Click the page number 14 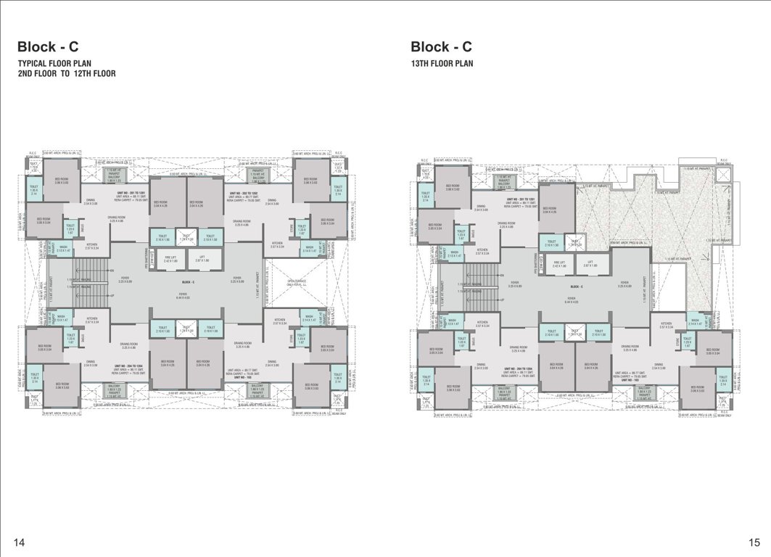point(20,542)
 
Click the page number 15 point(754,542)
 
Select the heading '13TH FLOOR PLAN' point(442,64)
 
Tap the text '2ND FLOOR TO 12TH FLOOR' point(67,74)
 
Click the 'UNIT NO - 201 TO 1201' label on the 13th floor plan point(521,198)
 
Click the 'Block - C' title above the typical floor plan point(48,47)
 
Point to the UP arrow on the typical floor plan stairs point(111,296)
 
